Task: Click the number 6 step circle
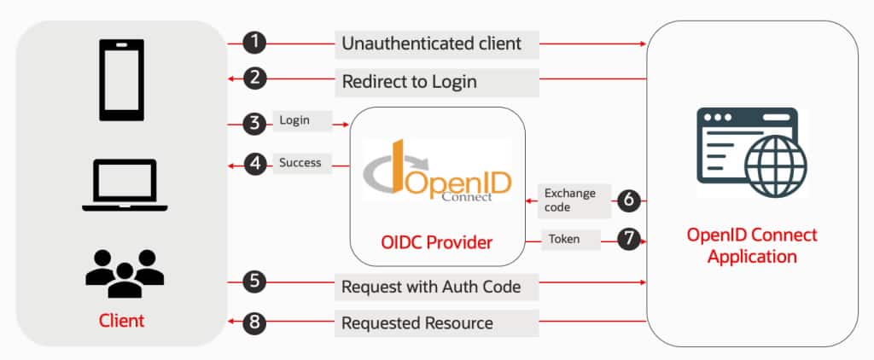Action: tap(628, 200)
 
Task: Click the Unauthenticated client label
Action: tap(431, 43)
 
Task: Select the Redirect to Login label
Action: tap(409, 82)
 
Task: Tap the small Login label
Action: tap(294, 121)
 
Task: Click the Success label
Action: tap(300, 162)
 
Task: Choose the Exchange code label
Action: tap(570, 200)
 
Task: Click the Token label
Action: tap(564, 240)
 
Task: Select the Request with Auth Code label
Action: tap(431, 287)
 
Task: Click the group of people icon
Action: tap(125, 271)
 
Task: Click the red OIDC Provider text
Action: tap(436, 243)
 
